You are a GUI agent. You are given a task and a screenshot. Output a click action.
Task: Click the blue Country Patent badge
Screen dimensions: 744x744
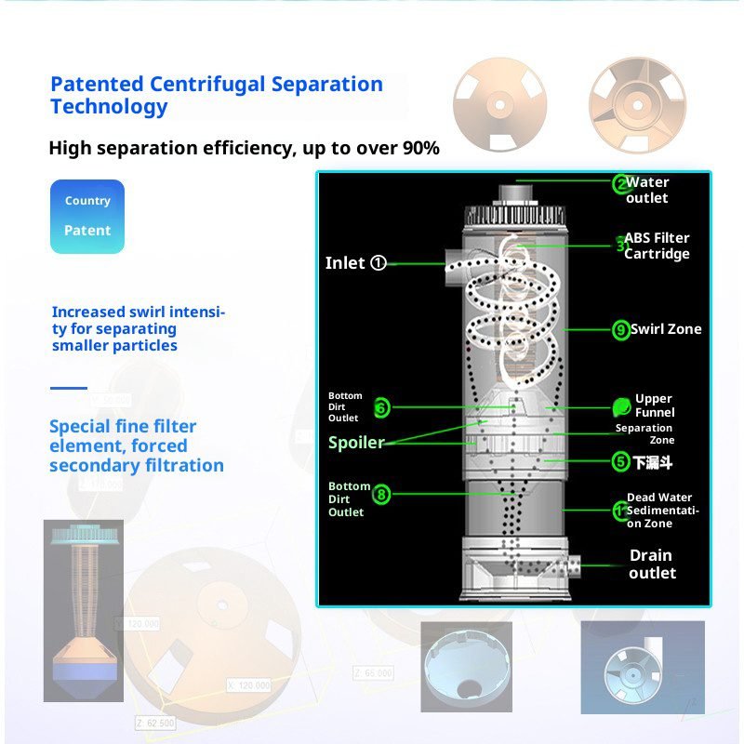(x=86, y=216)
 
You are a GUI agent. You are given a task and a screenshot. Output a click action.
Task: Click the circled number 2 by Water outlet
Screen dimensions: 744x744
(x=620, y=184)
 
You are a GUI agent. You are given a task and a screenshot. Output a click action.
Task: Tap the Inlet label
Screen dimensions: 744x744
(x=345, y=263)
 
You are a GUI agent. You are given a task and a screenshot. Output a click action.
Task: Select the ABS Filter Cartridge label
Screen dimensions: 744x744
(x=657, y=246)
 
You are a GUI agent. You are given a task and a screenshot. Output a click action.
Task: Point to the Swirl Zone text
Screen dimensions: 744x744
(x=666, y=329)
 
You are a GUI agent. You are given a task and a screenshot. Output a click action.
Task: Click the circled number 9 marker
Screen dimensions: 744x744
(x=621, y=329)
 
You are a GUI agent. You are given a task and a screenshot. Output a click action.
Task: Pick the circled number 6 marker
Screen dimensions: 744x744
(x=381, y=407)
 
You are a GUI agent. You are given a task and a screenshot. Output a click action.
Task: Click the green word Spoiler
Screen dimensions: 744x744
(x=356, y=443)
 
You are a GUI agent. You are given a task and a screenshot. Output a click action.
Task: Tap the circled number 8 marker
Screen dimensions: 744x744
(x=381, y=495)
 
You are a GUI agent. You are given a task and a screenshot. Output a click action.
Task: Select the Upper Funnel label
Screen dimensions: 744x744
(x=654, y=405)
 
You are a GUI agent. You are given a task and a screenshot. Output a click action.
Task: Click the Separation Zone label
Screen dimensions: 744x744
(x=644, y=434)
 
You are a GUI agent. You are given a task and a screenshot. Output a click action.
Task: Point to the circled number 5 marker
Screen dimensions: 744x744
(x=621, y=461)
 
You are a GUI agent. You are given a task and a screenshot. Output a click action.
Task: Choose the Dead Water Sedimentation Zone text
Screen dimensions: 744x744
(x=661, y=511)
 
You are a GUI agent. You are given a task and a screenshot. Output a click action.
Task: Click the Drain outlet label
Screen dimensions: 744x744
(x=651, y=564)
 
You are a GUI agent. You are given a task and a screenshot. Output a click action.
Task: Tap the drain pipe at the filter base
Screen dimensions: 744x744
(x=566, y=565)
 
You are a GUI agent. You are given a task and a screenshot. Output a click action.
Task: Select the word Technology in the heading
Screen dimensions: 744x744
(x=109, y=106)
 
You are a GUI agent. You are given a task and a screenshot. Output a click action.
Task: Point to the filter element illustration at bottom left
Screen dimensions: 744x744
(x=83, y=610)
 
